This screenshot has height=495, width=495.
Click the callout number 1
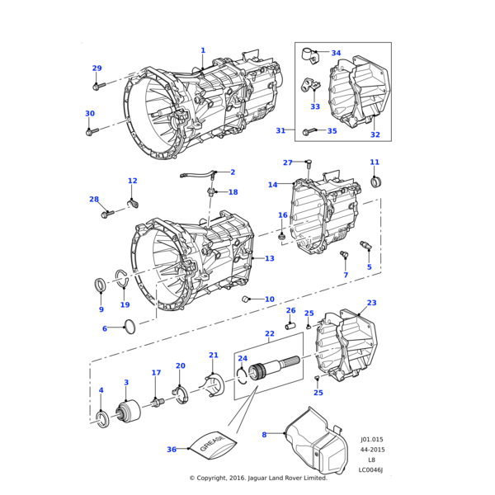(x=203, y=50)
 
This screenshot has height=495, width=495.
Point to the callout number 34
(x=336, y=53)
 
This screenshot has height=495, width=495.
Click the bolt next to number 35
(x=309, y=130)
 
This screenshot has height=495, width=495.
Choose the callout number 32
(x=375, y=134)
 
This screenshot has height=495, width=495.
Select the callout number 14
(x=273, y=185)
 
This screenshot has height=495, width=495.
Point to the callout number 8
(x=264, y=434)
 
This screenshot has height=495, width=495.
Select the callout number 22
(x=269, y=333)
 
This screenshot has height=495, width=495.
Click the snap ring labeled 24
(x=243, y=375)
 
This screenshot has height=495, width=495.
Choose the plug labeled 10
(x=246, y=299)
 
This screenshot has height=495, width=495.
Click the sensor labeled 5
(x=365, y=247)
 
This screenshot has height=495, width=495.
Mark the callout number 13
(x=269, y=258)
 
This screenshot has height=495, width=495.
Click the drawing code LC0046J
(x=371, y=469)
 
